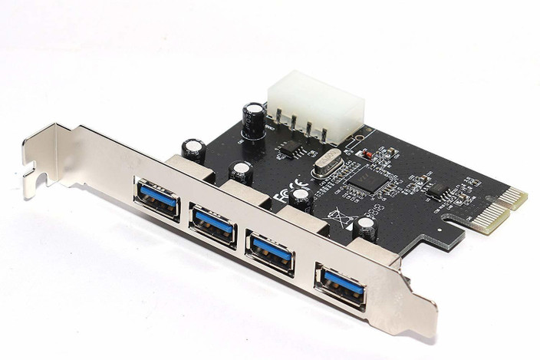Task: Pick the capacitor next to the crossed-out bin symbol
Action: point(365,227)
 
